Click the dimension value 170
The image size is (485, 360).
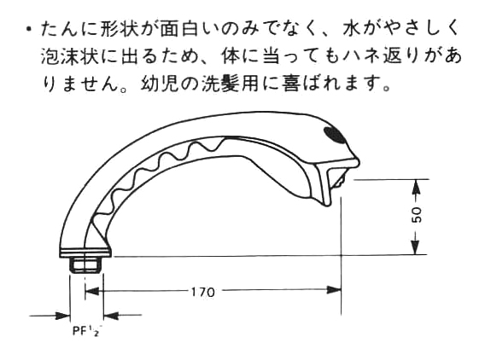[x=202, y=292]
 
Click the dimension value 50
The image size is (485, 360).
[x=417, y=214]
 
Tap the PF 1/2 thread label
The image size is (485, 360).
[x=87, y=331]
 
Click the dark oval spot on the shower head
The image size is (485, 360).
[x=335, y=135]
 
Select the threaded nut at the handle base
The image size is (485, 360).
[x=85, y=265]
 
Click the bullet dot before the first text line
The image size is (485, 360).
[x=29, y=30]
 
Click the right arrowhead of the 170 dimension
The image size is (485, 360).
[x=334, y=290]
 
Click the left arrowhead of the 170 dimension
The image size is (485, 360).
[x=92, y=291]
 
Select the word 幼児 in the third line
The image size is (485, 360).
[x=161, y=83]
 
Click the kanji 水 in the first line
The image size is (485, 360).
[x=353, y=30]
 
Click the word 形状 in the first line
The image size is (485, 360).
[x=120, y=30]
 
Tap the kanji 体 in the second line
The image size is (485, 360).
[x=231, y=56]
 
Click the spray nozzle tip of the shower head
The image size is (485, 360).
[x=340, y=182]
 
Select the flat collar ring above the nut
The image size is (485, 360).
[x=85, y=253]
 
